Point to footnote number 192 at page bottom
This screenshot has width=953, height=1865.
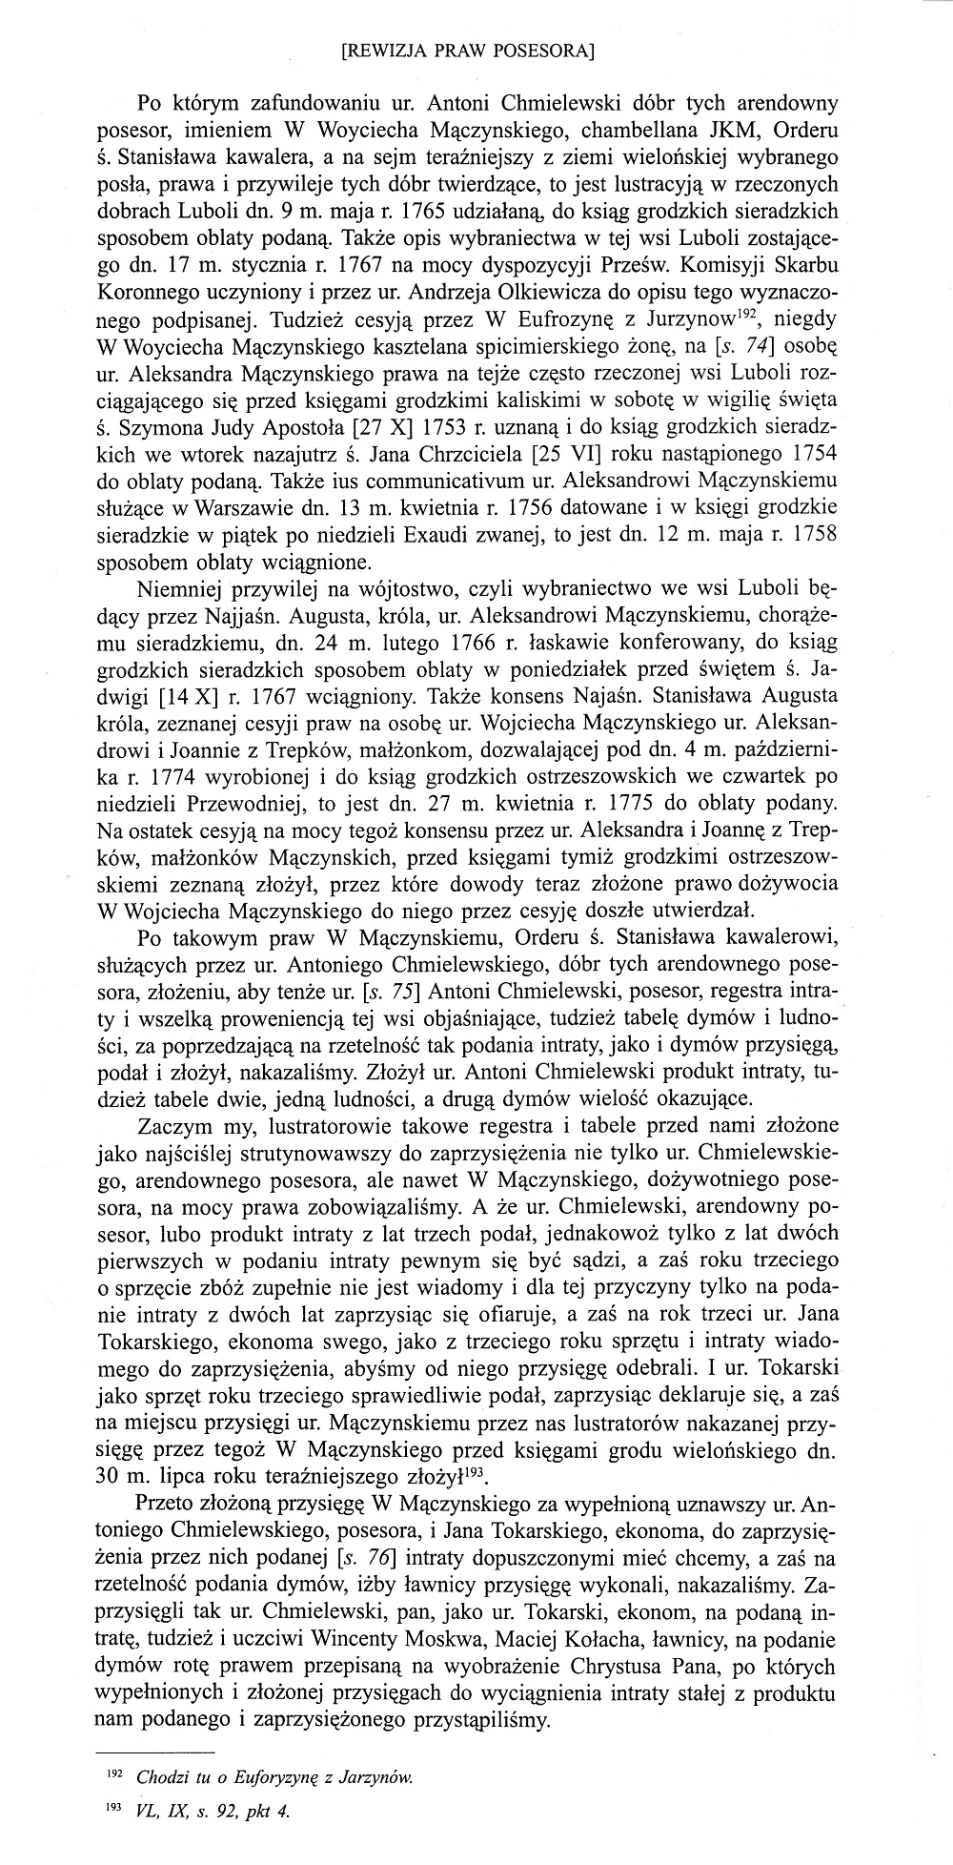pos(121,1774)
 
